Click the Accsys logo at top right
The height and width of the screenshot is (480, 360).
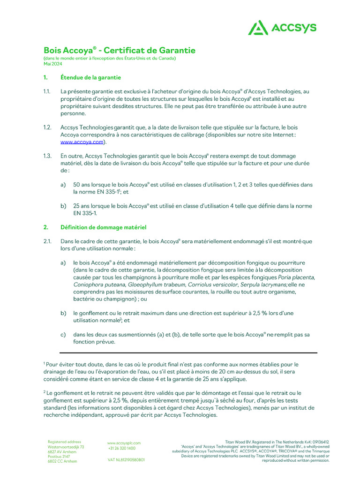[x=282, y=28]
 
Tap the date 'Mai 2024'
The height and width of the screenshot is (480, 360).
[x=52, y=63]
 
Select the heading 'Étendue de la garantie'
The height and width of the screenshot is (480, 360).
[x=90, y=77]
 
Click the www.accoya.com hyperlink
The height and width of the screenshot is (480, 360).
[x=82, y=142]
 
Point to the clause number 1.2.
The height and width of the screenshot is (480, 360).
[x=47, y=127]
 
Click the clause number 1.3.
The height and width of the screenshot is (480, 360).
[x=47, y=156]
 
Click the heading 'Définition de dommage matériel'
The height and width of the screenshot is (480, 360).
[x=103, y=227]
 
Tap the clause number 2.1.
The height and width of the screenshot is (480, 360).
[x=47, y=241]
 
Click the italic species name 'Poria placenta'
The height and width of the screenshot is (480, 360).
[x=296, y=277]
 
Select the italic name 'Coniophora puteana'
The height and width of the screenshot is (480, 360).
[x=98, y=285]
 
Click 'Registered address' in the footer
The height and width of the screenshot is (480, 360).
[x=64, y=442]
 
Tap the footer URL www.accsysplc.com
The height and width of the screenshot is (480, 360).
[x=124, y=442]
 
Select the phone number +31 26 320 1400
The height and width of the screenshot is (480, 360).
[x=122, y=448]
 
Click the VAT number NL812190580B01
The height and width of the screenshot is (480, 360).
[x=126, y=460]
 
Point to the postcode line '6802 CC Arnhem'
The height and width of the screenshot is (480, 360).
[x=62, y=461]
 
